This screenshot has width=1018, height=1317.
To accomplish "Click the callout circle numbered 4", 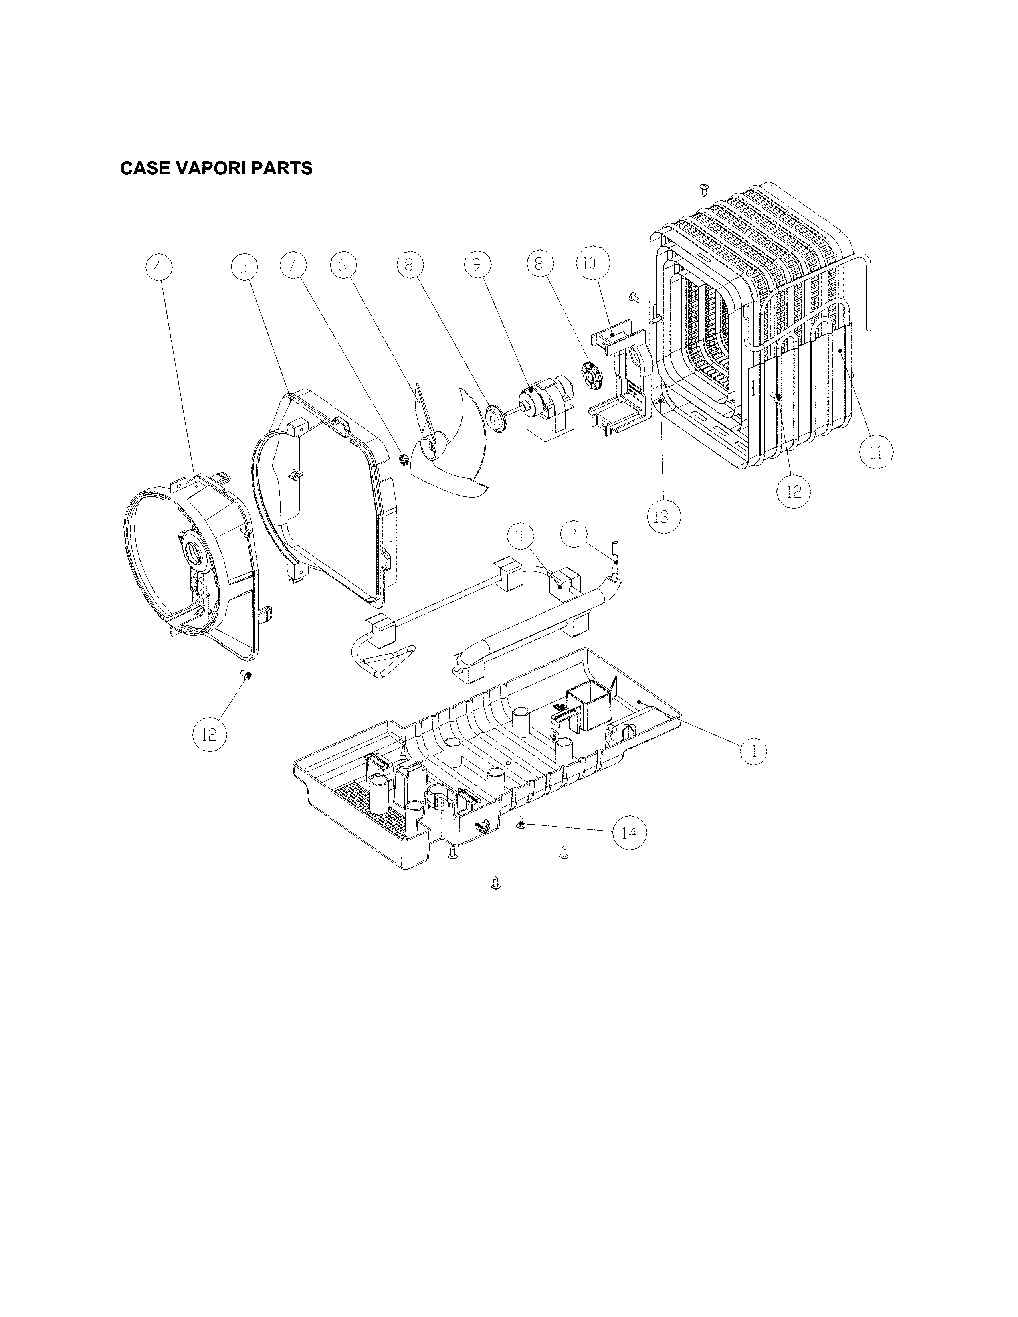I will pyautogui.click(x=158, y=267).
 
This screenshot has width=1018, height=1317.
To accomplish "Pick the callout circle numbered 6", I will pyautogui.click(x=343, y=265).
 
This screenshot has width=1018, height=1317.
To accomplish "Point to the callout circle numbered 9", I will pyautogui.click(x=477, y=264).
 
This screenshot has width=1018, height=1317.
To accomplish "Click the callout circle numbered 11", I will pyautogui.click(x=876, y=452).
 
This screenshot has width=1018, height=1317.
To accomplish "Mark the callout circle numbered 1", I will pyautogui.click(x=753, y=751).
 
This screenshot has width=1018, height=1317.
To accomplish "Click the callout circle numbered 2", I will pyautogui.click(x=574, y=533).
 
